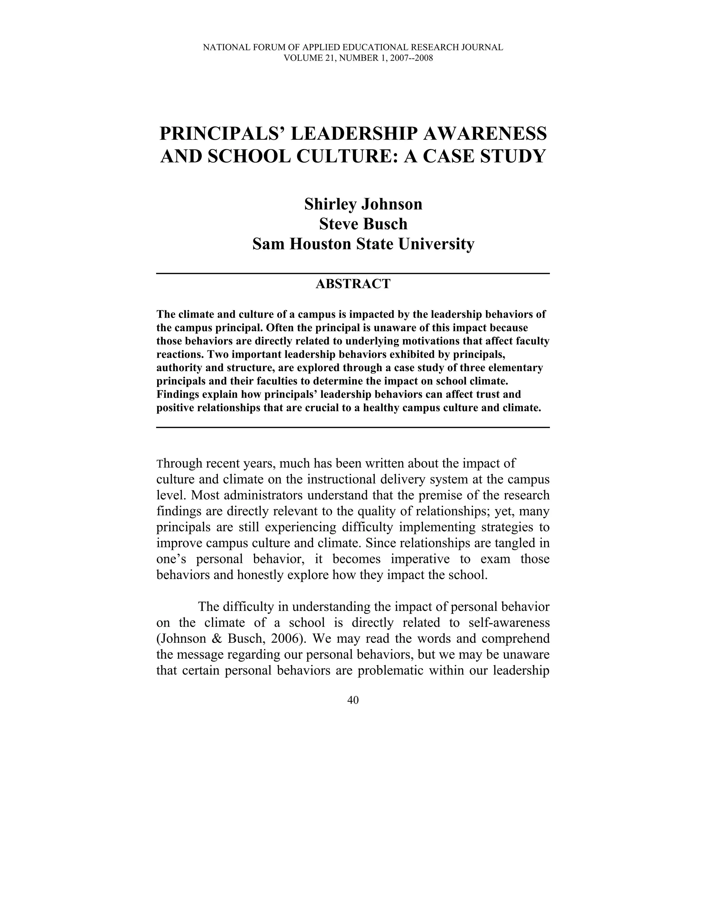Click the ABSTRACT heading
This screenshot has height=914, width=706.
coord(353,284)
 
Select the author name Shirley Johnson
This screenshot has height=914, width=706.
coord(363,204)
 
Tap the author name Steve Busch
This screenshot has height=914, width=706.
coord(363,224)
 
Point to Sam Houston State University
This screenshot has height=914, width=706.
coord(363,244)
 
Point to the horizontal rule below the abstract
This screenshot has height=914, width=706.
coord(353,427)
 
